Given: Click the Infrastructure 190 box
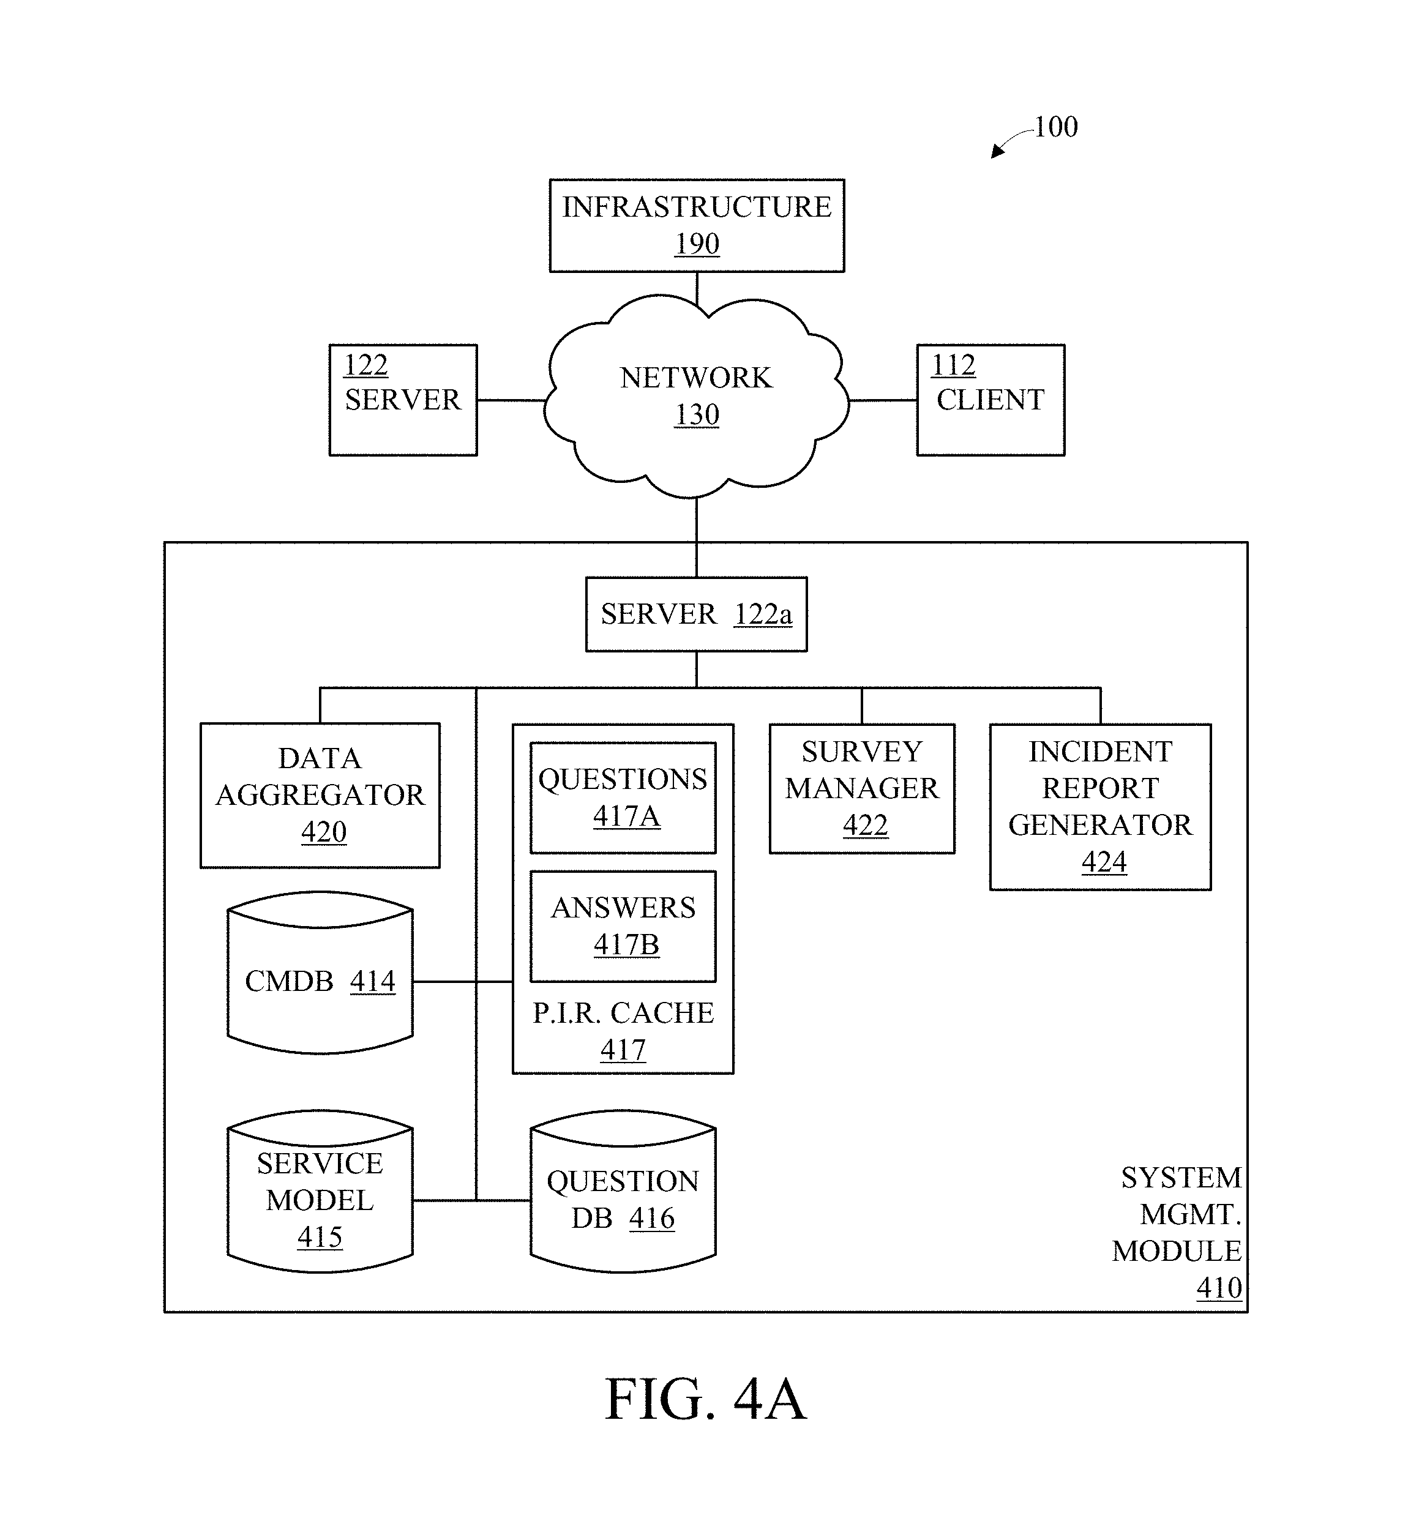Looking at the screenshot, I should [x=697, y=225].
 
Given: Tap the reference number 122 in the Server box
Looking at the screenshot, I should [x=365, y=365].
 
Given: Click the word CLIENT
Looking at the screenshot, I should [x=990, y=400].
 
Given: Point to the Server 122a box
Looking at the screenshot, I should [x=695, y=614].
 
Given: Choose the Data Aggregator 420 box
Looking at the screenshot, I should [x=320, y=794].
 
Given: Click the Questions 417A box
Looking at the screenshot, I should [x=623, y=797].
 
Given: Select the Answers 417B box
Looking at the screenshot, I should [x=623, y=925].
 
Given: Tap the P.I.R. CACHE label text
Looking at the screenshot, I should [x=623, y=1013].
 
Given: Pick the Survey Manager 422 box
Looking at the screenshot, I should [x=862, y=788].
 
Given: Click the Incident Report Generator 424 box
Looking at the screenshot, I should [x=1100, y=806].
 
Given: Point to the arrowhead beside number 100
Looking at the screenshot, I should [x=997, y=152].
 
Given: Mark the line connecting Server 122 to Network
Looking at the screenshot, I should [x=511, y=400].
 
